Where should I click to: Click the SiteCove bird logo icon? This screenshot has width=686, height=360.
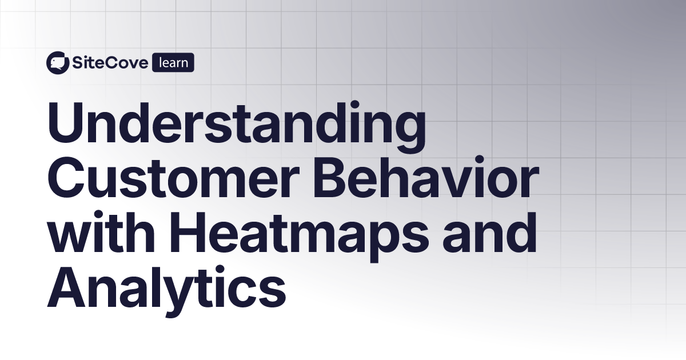[x=57, y=63]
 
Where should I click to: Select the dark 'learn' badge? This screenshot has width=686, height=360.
[x=173, y=63]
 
